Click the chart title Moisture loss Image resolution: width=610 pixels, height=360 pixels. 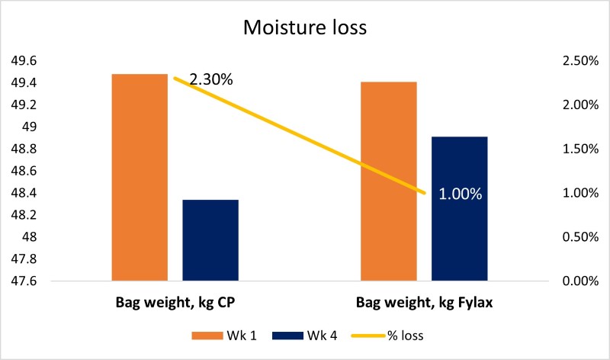click(305, 28)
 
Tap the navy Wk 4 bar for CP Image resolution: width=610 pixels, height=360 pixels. click(210, 240)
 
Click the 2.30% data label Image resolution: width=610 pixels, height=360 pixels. click(211, 79)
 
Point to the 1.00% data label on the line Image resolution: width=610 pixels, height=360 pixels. click(460, 194)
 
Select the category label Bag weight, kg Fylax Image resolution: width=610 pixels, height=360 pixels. click(424, 304)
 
